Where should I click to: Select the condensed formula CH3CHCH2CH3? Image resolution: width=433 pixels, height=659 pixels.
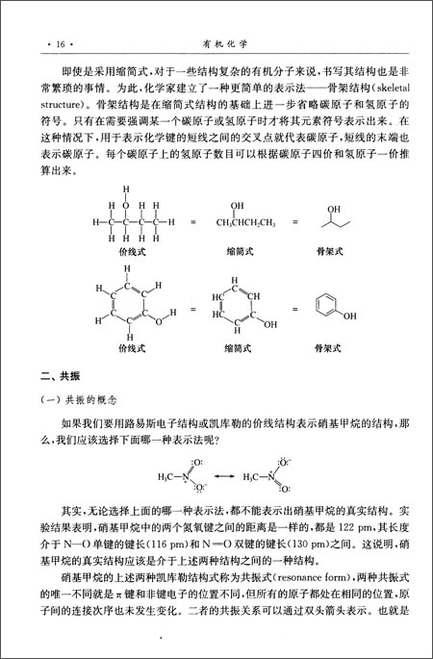[232, 223]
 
